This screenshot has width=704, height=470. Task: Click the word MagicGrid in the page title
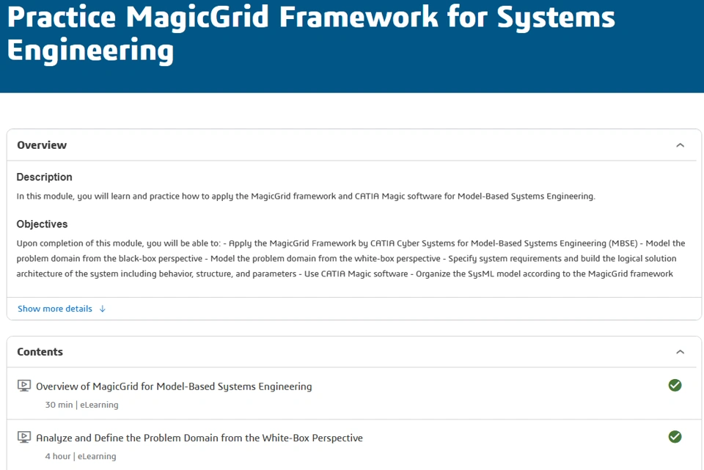197,18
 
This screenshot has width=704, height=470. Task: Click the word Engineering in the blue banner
90,51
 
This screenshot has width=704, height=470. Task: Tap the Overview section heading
42,145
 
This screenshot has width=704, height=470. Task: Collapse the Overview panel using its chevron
681,145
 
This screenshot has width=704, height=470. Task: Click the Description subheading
45,177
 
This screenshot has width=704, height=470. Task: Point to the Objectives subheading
43,224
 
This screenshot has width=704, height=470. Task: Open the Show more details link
55,309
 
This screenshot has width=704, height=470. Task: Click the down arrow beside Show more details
103,309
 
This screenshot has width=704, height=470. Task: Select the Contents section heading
40,352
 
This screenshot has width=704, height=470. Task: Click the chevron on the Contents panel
681,352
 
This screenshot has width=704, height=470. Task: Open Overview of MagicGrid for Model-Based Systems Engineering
174,386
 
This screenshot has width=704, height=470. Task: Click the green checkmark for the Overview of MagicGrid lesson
675,385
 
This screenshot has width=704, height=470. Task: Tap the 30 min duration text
59,405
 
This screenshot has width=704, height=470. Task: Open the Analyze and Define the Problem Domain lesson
199,438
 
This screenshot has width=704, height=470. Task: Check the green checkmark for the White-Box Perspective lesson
675,437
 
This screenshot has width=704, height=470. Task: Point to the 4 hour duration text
58,457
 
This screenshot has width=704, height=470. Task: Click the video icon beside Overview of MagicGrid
24,386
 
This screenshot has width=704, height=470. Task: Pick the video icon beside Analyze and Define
24,437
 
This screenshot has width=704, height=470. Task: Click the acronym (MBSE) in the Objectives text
623,243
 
